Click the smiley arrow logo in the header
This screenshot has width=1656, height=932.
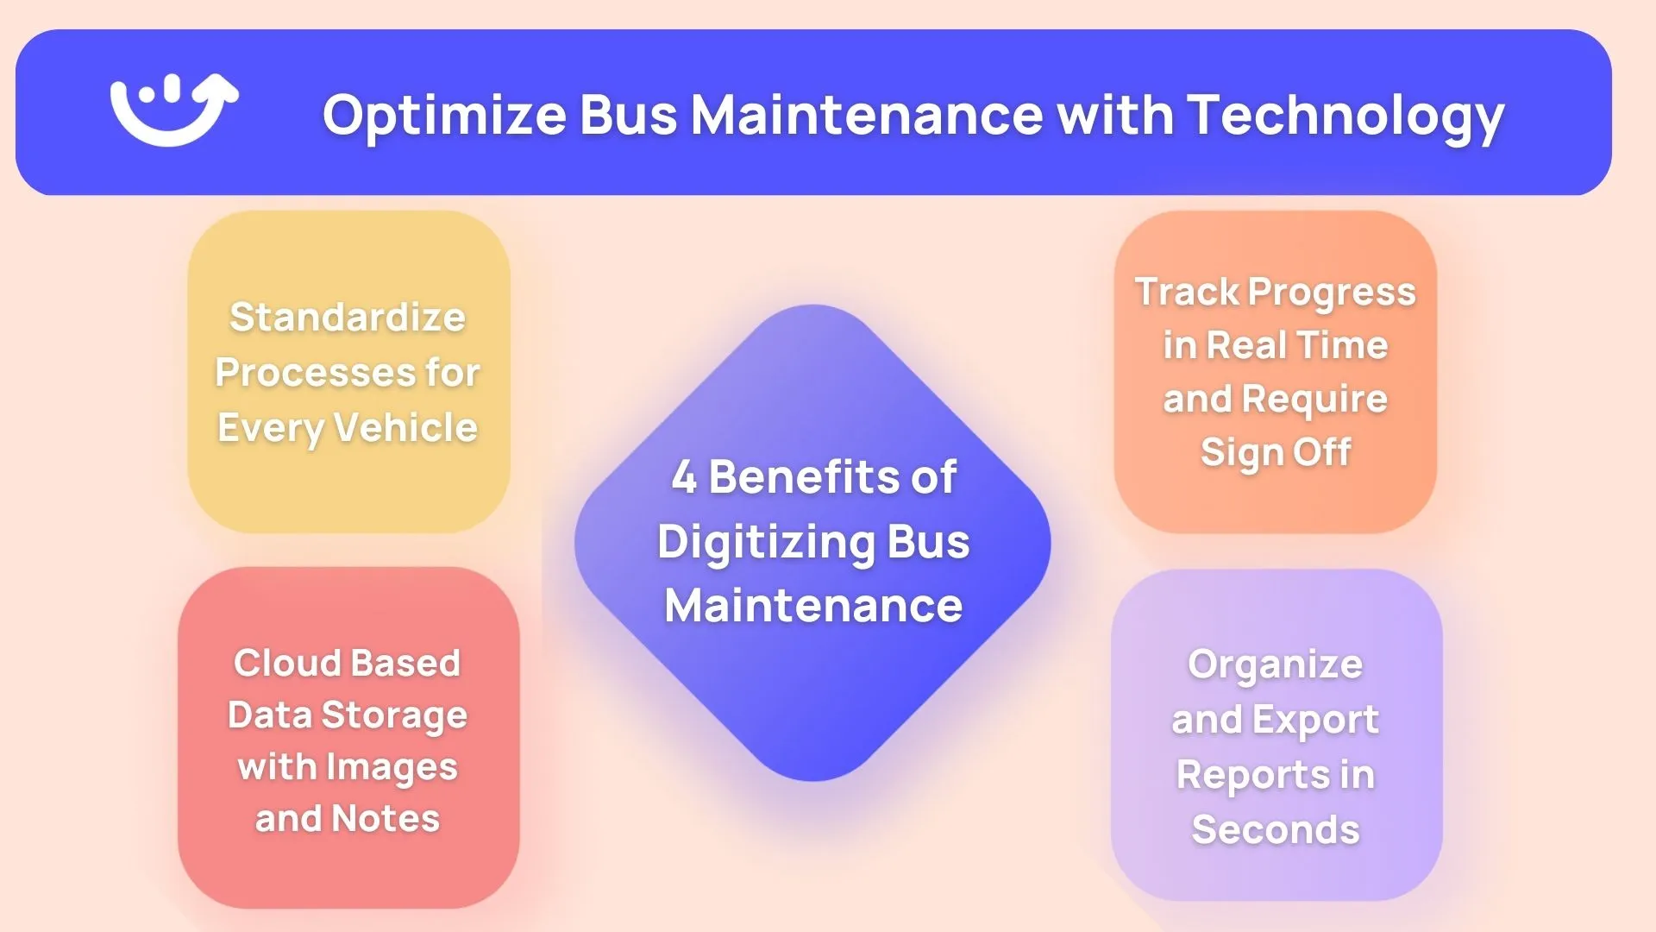point(173,110)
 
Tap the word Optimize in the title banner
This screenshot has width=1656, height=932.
point(444,116)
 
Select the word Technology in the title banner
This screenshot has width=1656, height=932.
point(1345,116)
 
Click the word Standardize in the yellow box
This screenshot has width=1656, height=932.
point(348,318)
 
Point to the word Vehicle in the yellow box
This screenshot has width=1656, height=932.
point(405,427)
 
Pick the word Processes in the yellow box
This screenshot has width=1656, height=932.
point(316,373)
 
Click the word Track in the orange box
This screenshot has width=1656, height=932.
point(1187,292)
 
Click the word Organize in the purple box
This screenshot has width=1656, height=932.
point(1275,664)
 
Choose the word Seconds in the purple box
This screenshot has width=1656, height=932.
point(1275,829)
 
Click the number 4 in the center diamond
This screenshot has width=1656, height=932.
point(684,476)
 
